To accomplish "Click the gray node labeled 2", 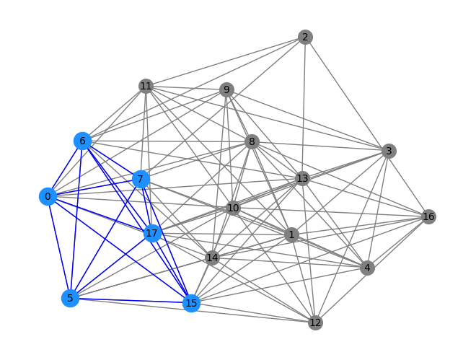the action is point(305,37).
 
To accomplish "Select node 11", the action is point(146,86).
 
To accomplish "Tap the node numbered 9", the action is point(226,90).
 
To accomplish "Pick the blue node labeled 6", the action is point(82,141).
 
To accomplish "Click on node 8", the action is point(252,141).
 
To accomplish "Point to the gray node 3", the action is point(389,151).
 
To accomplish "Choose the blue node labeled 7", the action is point(141,179).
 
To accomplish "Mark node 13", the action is point(302,178).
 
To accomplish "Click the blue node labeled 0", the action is point(48,197).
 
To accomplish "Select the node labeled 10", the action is point(233,208).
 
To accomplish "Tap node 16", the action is point(428,216).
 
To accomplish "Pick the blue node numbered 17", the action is point(151,234).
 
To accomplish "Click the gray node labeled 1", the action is point(292,235).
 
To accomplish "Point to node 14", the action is point(212,258).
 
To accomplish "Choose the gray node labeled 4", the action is point(367,268).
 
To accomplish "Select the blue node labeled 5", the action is point(70,298).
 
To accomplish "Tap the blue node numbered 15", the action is point(191,303).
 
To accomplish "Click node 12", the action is point(315,322).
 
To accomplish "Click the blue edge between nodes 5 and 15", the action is point(131,301).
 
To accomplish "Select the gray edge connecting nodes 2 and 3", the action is point(347,94).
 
